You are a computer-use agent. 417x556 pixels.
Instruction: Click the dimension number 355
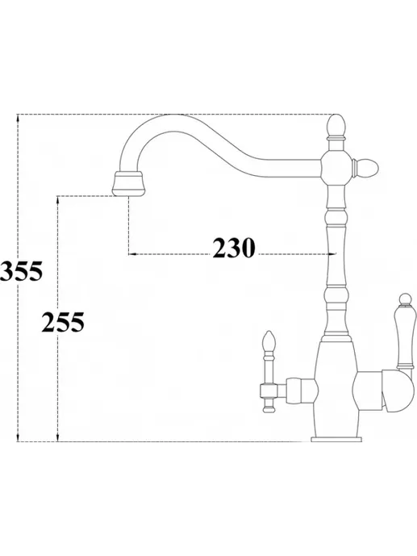21,271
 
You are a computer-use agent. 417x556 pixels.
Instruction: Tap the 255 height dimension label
63,322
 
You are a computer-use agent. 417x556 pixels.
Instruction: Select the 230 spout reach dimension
234,248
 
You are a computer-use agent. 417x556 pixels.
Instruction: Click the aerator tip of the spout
128,183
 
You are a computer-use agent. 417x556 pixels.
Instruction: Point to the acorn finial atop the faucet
336,125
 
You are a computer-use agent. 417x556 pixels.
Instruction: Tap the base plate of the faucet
336,439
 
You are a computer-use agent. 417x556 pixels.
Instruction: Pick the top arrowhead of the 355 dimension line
18,119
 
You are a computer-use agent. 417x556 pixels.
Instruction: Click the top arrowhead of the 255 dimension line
57,199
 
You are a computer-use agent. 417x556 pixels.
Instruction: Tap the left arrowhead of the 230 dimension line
132,254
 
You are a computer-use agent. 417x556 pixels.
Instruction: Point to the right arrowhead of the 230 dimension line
332,254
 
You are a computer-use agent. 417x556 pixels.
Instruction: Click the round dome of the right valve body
398,391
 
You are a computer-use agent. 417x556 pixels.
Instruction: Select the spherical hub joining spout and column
336,167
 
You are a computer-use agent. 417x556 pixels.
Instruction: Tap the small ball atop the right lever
404,299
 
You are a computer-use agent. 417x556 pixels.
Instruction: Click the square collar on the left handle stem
269,391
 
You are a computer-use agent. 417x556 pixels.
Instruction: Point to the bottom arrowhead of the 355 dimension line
18,437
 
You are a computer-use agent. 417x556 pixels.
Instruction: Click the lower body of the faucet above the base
336,390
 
